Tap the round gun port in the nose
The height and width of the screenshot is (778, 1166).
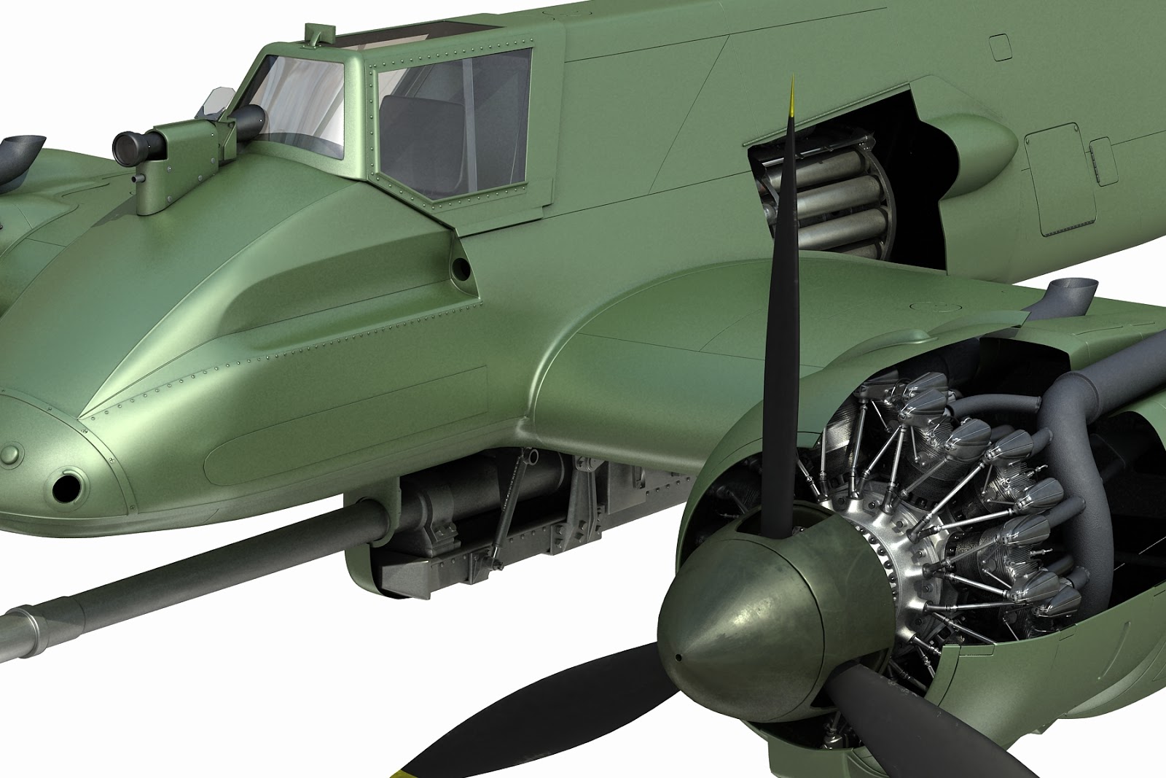pyautogui.click(x=68, y=486)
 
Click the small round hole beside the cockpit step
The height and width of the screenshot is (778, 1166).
pyautogui.click(x=461, y=268)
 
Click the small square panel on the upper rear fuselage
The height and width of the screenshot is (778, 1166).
pyautogui.click(x=1001, y=45)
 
